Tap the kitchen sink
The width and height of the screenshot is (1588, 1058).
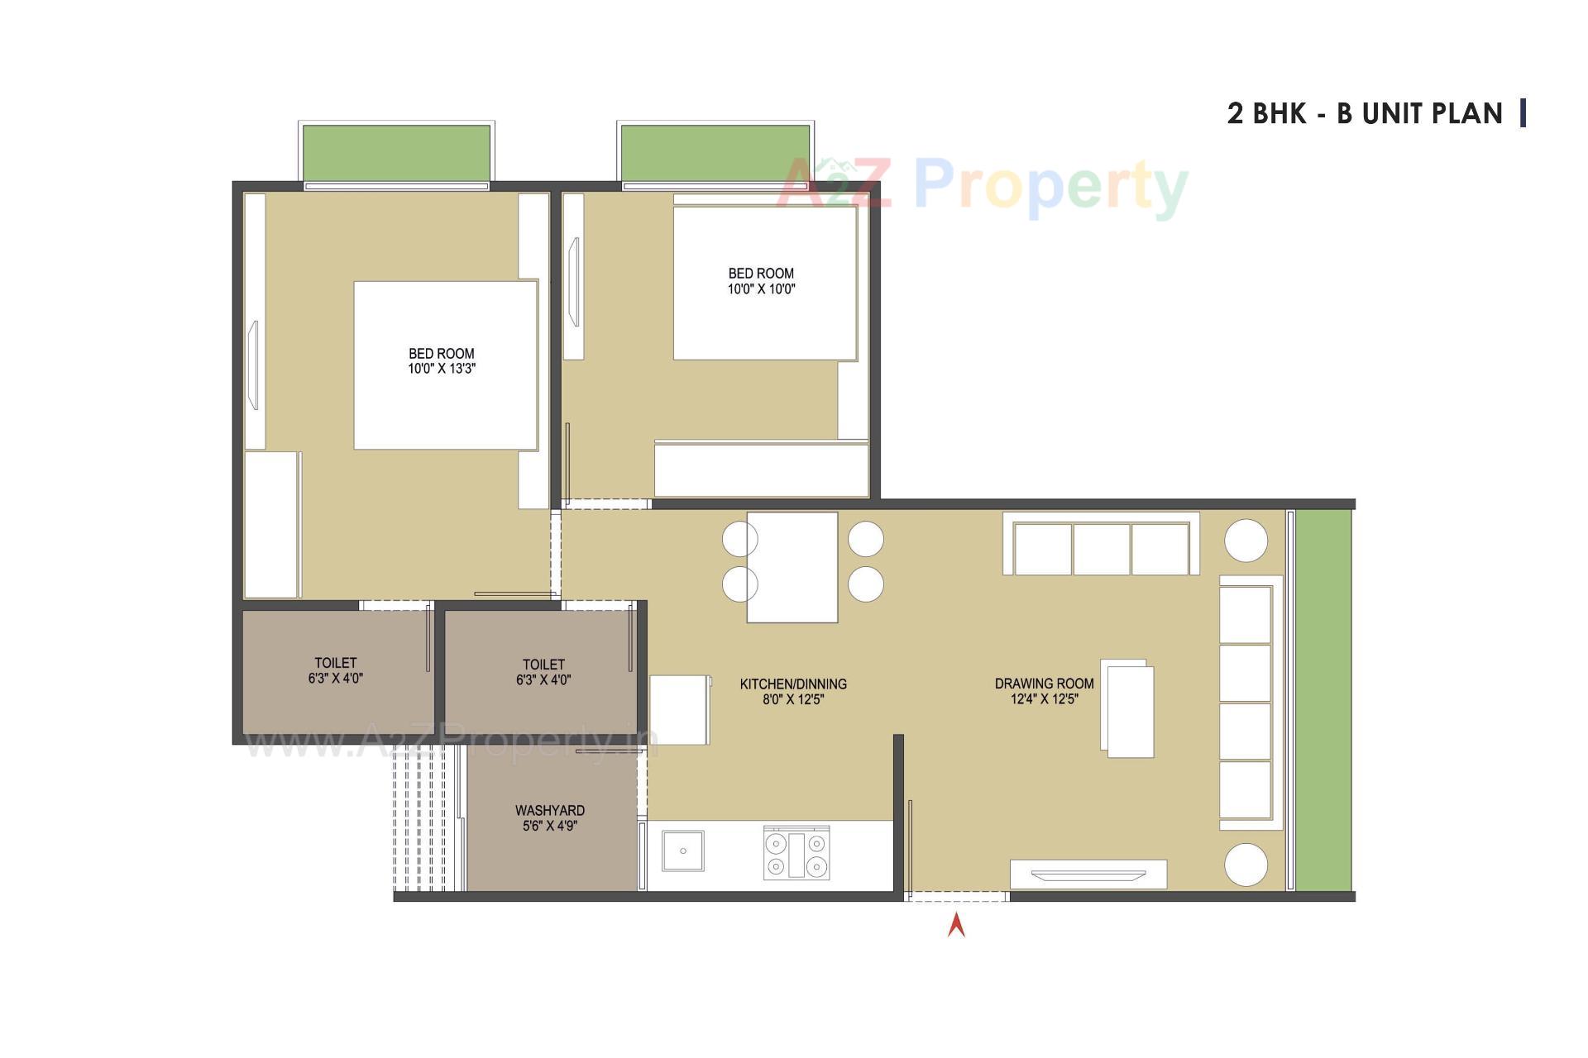tap(683, 851)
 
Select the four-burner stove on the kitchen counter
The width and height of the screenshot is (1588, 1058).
tap(796, 853)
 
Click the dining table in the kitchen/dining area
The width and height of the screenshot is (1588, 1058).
tap(792, 567)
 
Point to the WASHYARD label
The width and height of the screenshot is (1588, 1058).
tap(550, 811)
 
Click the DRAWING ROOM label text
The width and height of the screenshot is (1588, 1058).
tap(1044, 684)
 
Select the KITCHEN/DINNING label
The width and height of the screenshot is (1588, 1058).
tap(793, 684)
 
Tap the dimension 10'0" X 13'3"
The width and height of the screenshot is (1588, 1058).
tap(442, 369)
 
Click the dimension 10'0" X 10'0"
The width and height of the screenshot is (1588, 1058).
tap(761, 289)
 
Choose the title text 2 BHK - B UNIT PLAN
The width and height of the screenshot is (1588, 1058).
tap(1365, 113)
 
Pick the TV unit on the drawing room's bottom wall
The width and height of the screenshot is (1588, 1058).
tap(1088, 874)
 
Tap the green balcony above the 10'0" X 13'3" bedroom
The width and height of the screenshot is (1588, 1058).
tap(397, 152)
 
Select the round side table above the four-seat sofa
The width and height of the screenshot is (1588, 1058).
tap(1246, 541)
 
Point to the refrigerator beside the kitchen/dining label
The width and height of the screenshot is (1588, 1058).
tap(679, 710)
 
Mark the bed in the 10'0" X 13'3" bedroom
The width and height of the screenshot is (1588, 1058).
tap(446, 365)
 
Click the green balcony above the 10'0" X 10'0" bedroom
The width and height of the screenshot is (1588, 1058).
tap(715, 152)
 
